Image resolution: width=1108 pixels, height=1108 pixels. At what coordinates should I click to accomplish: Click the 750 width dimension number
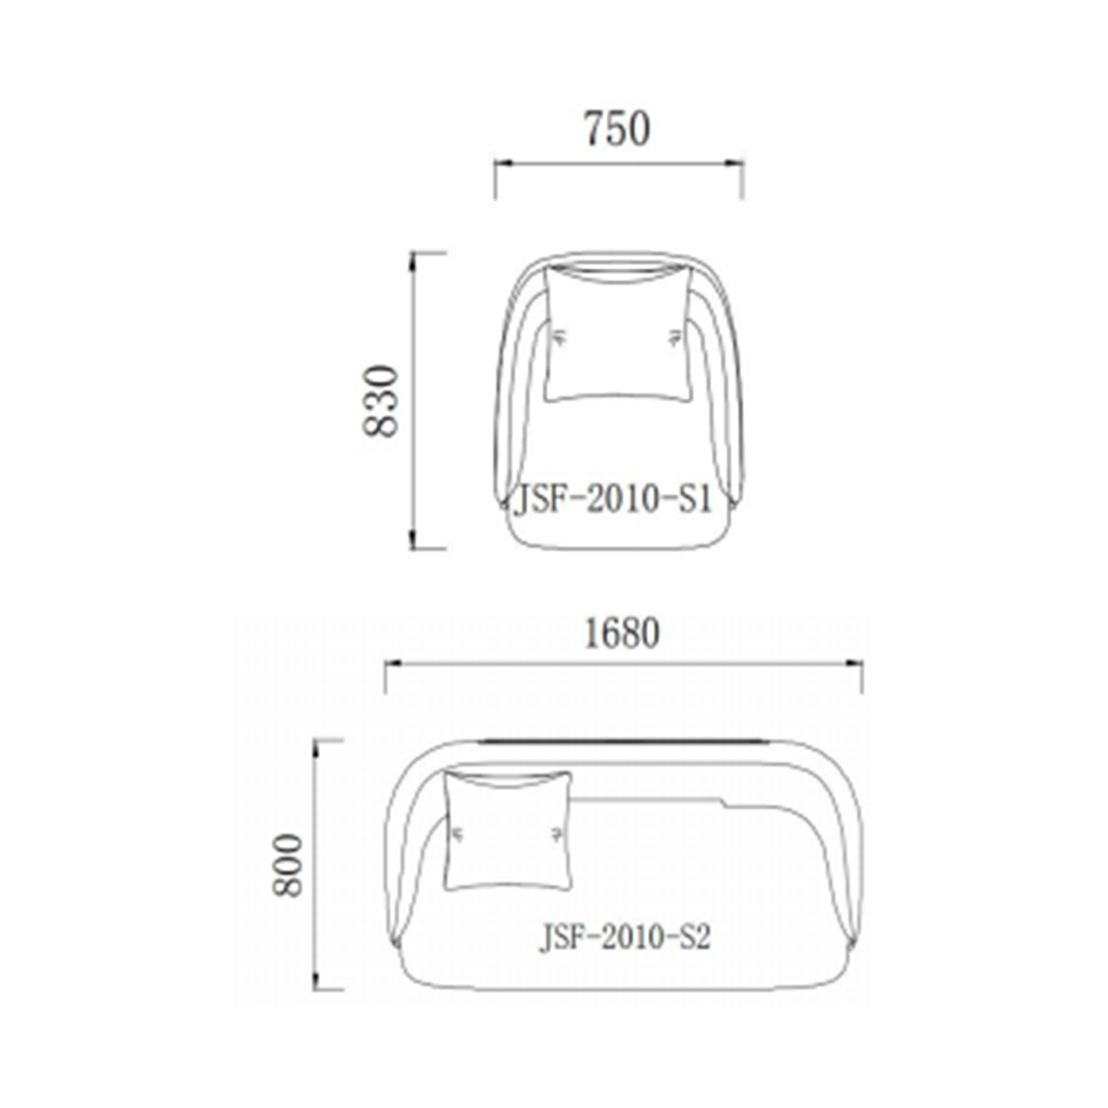click(x=617, y=129)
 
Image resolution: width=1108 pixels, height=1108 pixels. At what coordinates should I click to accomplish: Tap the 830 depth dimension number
click(x=381, y=401)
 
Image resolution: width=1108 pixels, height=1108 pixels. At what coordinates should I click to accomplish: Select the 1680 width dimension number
click(x=622, y=634)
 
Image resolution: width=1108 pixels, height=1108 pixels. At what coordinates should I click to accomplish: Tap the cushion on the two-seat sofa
click(x=508, y=831)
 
